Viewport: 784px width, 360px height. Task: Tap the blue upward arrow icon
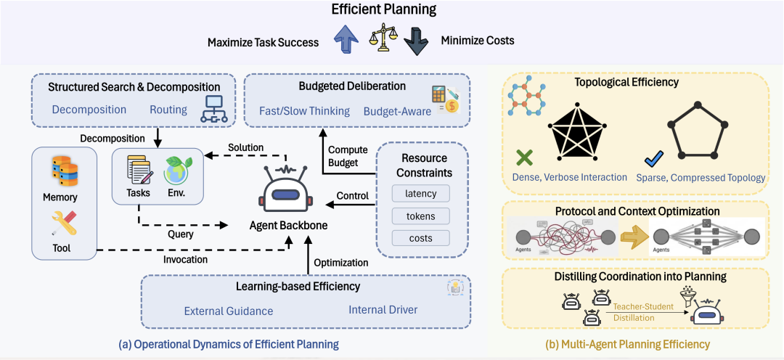pyautogui.click(x=348, y=41)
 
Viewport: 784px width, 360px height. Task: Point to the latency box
pyautogui.click(x=420, y=193)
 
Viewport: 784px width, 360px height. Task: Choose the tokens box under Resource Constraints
pyautogui.click(x=420, y=216)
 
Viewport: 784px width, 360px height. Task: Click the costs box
pyautogui.click(x=420, y=238)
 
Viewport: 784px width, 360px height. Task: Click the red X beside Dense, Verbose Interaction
pyautogui.click(x=524, y=157)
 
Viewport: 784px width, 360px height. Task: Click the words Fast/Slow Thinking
pyautogui.click(x=304, y=111)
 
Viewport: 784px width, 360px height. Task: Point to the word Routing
pyautogui.click(x=168, y=110)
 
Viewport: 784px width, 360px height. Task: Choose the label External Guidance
pyautogui.click(x=229, y=311)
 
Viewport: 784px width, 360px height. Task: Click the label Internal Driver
pyautogui.click(x=383, y=311)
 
